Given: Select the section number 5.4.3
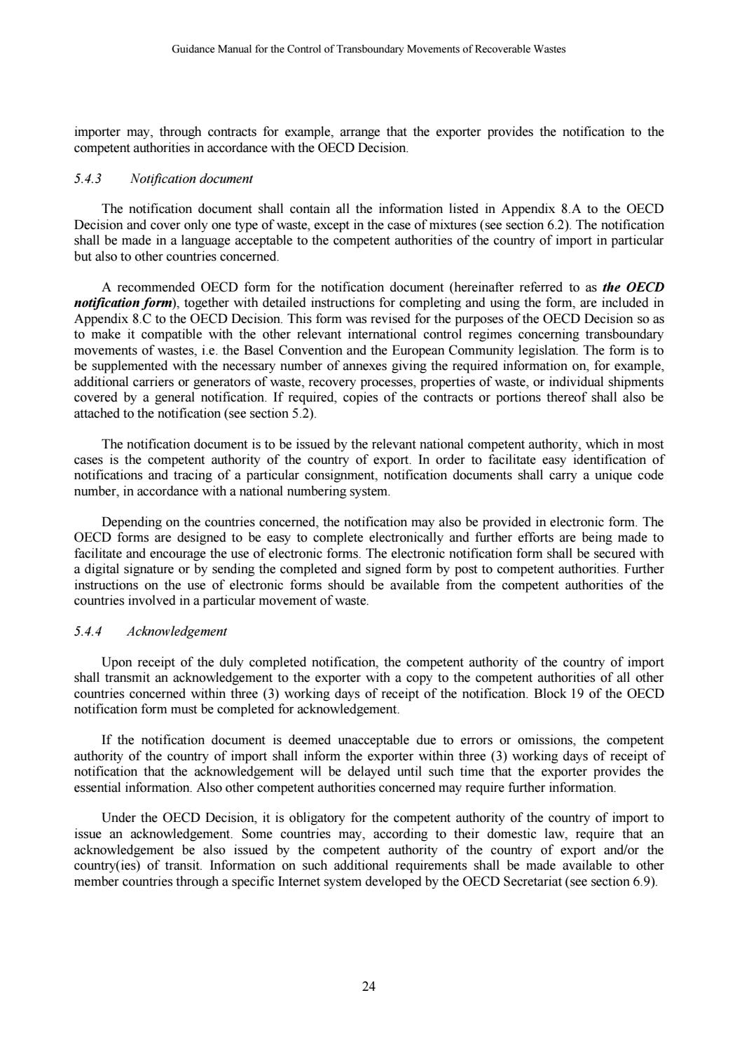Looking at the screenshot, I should [x=88, y=179].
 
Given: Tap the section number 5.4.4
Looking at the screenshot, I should [x=88, y=631].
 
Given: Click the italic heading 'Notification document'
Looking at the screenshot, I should [x=191, y=179].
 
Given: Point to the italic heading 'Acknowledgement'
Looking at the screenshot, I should [x=177, y=631].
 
